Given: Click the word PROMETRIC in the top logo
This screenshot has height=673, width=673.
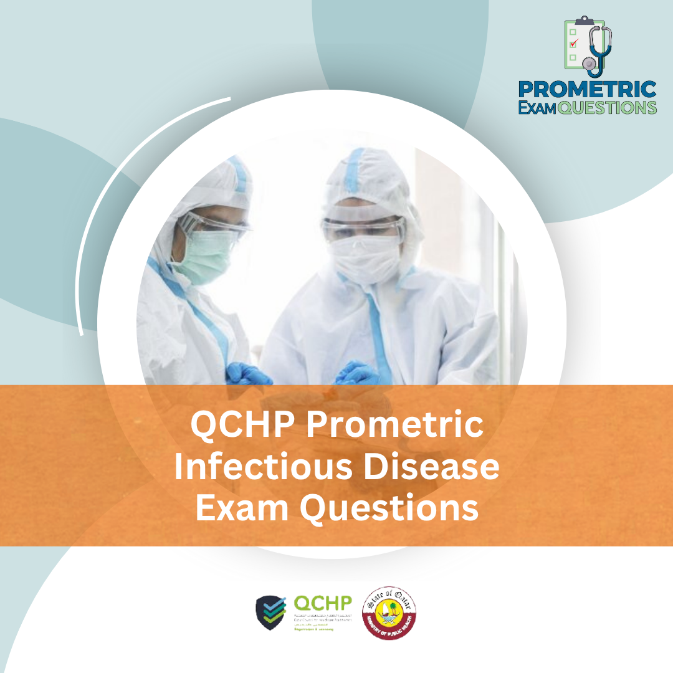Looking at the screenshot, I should (587, 88).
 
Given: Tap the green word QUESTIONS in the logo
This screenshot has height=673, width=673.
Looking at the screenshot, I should (607, 107).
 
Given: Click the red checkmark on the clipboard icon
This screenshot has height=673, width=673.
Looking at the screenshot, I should (574, 42).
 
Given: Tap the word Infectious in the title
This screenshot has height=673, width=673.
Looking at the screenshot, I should (262, 467).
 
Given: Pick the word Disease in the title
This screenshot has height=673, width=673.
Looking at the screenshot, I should (431, 467).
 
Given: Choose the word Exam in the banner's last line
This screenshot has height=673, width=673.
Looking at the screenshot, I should (242, 508).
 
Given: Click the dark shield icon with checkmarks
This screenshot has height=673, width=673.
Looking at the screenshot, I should (271, 613).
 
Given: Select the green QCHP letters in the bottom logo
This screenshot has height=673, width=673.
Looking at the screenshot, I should (322, 603).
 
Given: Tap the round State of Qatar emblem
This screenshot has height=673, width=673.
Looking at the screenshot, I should (389, 611).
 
